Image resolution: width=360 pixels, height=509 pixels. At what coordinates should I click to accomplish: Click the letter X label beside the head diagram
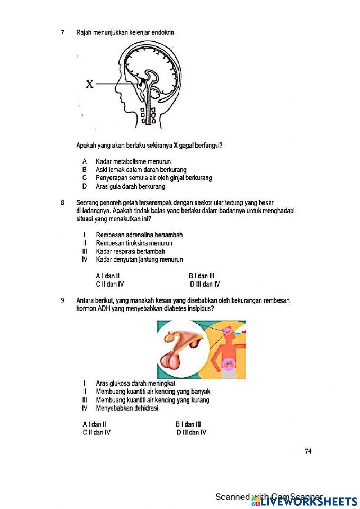(x=89, y=84)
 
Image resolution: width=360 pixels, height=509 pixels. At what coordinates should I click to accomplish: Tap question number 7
(x=63, y=32)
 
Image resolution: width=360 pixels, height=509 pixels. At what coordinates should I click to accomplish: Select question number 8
(x=63, y=203)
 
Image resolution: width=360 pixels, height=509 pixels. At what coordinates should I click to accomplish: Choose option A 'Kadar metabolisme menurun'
(x=133, y=161)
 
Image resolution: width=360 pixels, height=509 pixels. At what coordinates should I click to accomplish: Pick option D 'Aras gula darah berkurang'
(x=130, y=187)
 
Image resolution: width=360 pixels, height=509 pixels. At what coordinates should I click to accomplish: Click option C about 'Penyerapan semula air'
(x=153, y=178)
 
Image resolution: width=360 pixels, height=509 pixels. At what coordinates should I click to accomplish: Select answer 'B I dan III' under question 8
(x=202, y=276)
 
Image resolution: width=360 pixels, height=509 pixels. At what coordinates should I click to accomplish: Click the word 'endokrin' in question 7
(x=163, y=32)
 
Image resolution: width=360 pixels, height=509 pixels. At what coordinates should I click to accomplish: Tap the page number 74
(x=308, y=451)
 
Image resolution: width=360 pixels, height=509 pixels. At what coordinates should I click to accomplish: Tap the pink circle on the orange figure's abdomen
(x=228, y=364)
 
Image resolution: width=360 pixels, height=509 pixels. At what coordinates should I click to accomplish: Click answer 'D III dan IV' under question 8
(x=205, y=284)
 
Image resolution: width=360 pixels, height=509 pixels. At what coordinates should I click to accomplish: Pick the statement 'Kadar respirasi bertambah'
(x=130, y=251)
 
